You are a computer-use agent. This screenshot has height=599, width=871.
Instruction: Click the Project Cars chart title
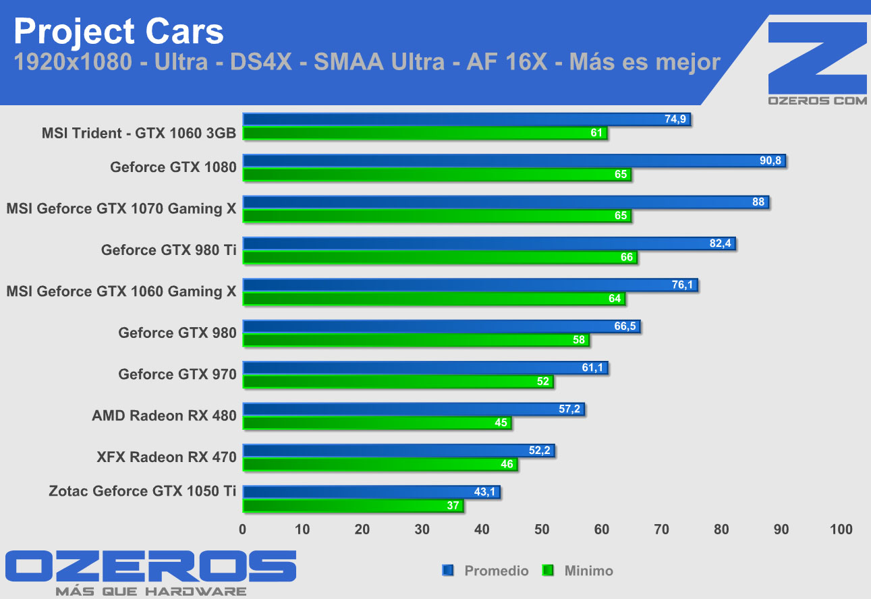pyautogui.click(x=118, y=31)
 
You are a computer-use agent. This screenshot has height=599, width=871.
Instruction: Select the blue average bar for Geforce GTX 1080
pyautogui.click(x=514, y=161)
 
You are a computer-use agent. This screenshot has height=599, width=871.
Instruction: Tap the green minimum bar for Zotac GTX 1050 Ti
pyautogui.click(x=353, y=506)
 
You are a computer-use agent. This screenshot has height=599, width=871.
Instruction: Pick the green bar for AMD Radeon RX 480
pyautogui.click(x=377, y=423)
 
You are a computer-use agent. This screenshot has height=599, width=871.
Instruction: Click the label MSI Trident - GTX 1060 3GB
pyautogui.click(x=139, y=133)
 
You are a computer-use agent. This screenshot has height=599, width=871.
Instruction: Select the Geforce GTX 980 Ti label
pyautogui.click(x=169, y=250)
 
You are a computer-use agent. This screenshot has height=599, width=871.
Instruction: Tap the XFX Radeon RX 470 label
pyautogui.click(x=167, y=457)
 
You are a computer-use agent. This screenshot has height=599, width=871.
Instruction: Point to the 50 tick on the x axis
pyautogui.click(x=542, y=530)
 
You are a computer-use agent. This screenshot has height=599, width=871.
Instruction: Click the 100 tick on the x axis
pyautogui.click(x=841, y=530)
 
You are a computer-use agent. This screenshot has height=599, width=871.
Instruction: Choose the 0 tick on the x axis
pyautogui.click(x=243, y=530)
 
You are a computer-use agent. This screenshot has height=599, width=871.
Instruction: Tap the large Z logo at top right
pyautogui.click(x=817, y=57)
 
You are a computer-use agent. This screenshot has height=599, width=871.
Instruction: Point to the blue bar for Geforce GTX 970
pyautogui.click(x=425, y=368)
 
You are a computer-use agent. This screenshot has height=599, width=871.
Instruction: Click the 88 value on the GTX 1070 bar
pyautogui.click(x=758, y=202)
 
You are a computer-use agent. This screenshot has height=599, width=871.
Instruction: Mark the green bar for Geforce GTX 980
pyautogui.click(x=416, y=340)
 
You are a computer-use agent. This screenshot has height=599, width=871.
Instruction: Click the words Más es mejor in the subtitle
pyautogui.click(x=645, y=63)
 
